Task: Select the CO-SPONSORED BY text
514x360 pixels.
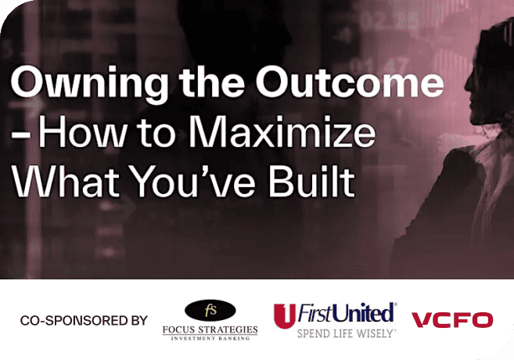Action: [x=84, y=320]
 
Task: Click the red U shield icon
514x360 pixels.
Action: [x=285, y=315]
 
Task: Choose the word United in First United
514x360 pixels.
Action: [x=365, y=314]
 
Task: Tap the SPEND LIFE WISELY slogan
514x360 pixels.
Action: [x=346, y=333]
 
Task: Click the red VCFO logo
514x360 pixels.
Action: [x=452, y=320]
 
